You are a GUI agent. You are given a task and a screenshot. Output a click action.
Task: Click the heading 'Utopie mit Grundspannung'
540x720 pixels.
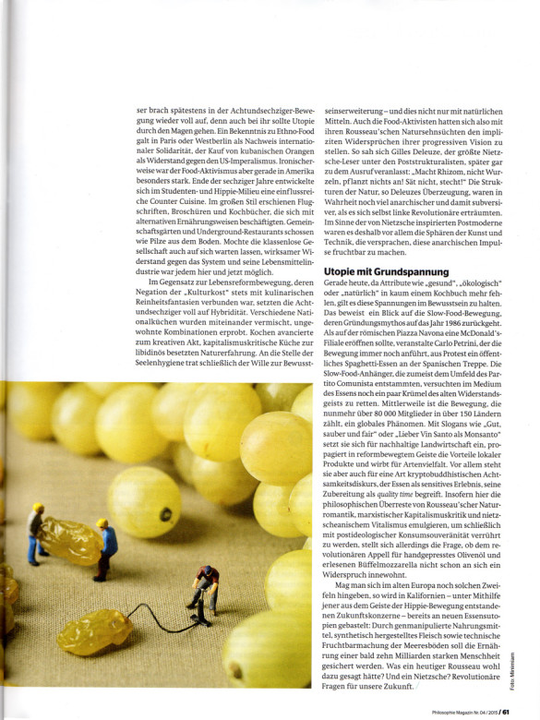pos(387,272)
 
